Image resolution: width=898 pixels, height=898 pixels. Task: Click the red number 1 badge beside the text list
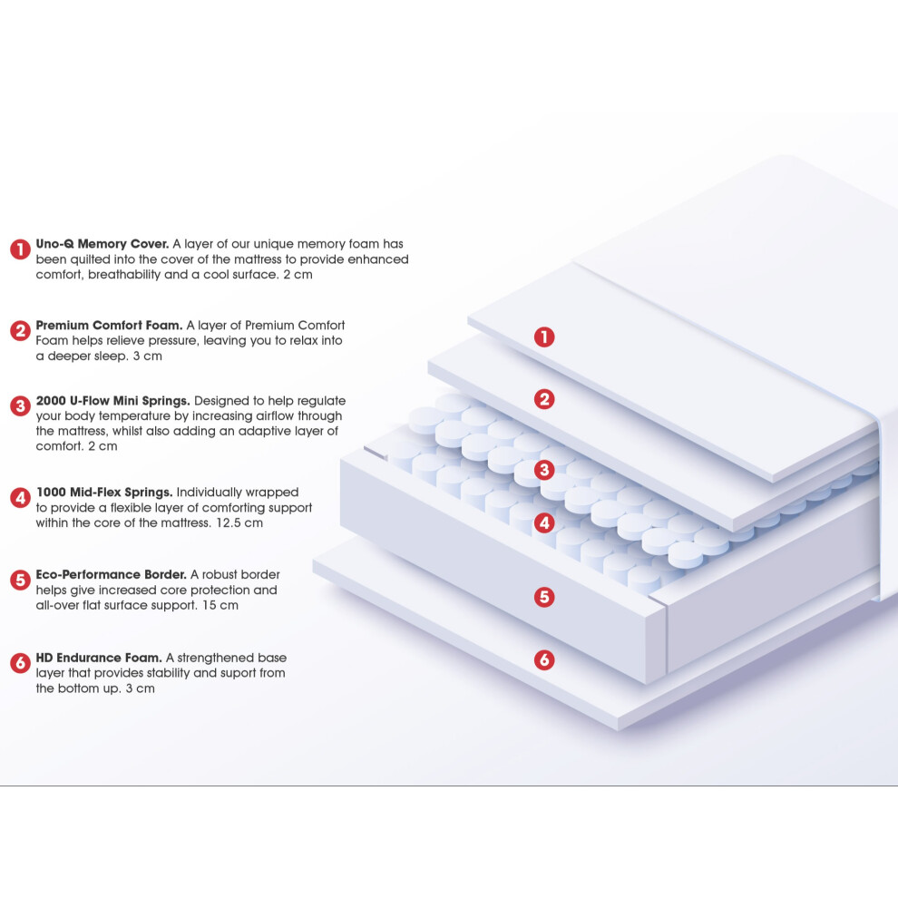point(20,249)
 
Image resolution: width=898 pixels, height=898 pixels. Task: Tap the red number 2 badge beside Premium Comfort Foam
point(20,330)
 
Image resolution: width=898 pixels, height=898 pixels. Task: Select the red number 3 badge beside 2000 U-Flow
point(20,406)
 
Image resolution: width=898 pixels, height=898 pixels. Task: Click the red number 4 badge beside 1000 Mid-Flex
point(20,498)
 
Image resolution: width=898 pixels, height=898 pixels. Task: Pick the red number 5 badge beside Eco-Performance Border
point(20,580)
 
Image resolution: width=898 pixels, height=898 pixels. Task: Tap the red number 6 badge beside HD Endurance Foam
point(20,663)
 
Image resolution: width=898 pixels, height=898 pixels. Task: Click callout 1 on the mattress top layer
point(544,337)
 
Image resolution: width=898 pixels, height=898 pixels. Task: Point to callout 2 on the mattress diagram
point(544,398)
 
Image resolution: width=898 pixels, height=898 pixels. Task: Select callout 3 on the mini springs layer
point(544,470)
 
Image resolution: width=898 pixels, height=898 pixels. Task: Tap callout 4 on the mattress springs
point(544,522)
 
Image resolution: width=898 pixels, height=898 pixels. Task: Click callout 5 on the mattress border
point(544,597)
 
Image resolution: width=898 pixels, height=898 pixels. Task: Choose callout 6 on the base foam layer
point(544,659)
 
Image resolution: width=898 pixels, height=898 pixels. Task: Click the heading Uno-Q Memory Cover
point(102,243)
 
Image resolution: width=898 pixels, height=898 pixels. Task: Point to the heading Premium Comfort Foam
point(110,325)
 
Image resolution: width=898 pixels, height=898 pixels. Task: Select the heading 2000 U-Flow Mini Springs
point(112,400)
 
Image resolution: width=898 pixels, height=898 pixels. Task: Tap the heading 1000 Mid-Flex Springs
point(104,492)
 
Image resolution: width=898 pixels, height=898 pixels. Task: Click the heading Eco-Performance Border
point(111,574)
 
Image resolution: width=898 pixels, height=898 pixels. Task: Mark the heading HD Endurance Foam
point(99,657)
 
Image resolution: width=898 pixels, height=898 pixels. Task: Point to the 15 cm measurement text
point(220,605)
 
